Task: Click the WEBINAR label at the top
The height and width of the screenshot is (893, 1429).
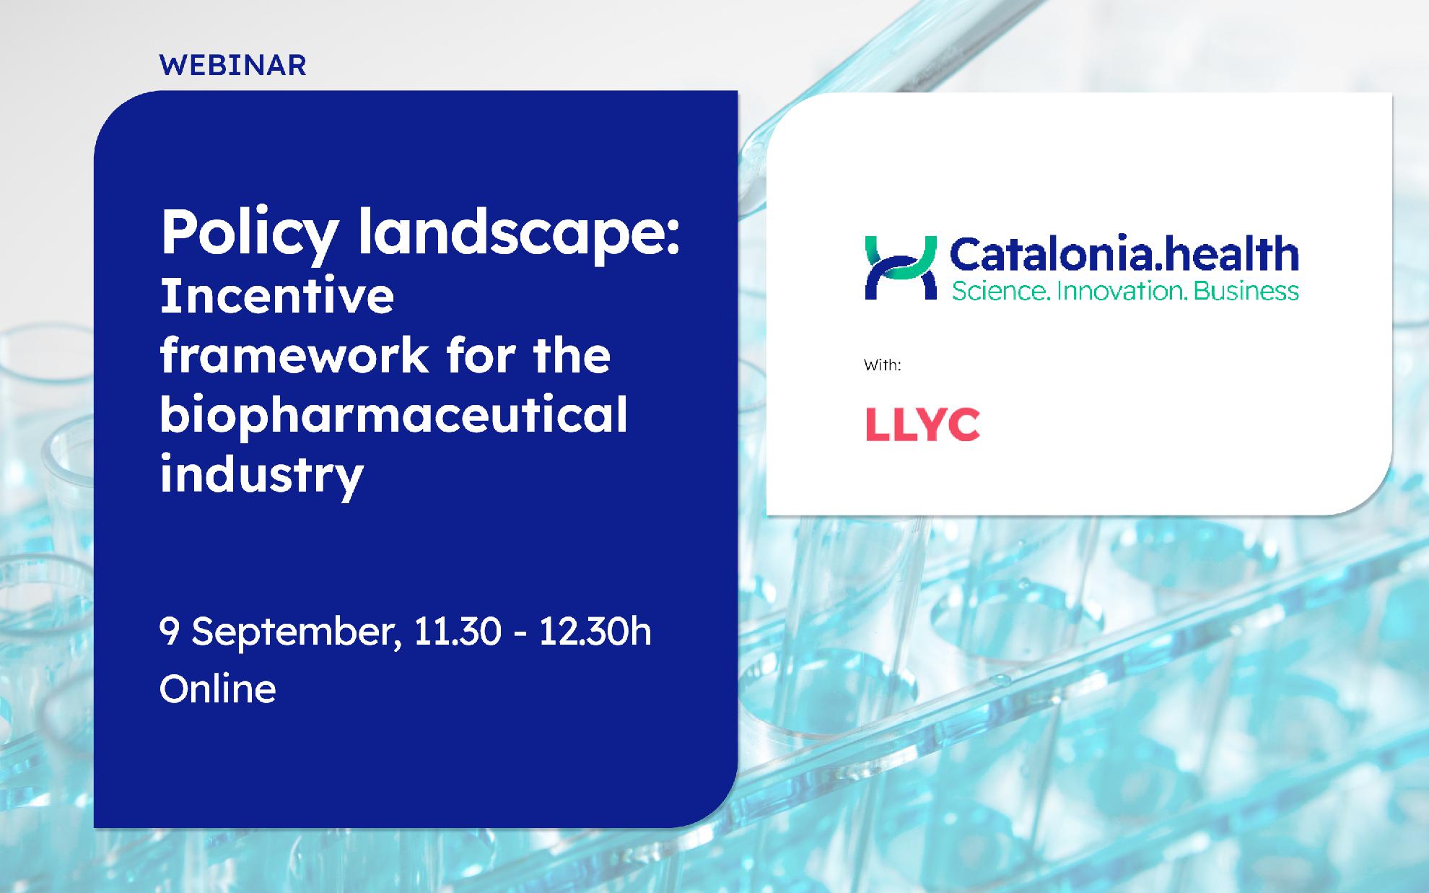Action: click(x=232, y=65)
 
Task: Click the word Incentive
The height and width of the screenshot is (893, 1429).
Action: click(x=277, y=295)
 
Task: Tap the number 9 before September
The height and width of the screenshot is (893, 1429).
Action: click(x=169, y=632)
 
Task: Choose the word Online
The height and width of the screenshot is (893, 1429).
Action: click(x=217, y=689)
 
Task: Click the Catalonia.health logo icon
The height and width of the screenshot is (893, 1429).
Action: click(x=901, y=267)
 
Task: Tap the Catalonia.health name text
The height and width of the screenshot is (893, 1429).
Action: click(x=1124, y=254)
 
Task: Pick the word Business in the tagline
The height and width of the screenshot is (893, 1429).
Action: click(x=1246, y=291)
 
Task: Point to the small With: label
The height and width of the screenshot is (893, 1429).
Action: click(x=883, y=365)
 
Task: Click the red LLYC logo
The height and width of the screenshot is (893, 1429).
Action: click(x=922, y=424)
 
